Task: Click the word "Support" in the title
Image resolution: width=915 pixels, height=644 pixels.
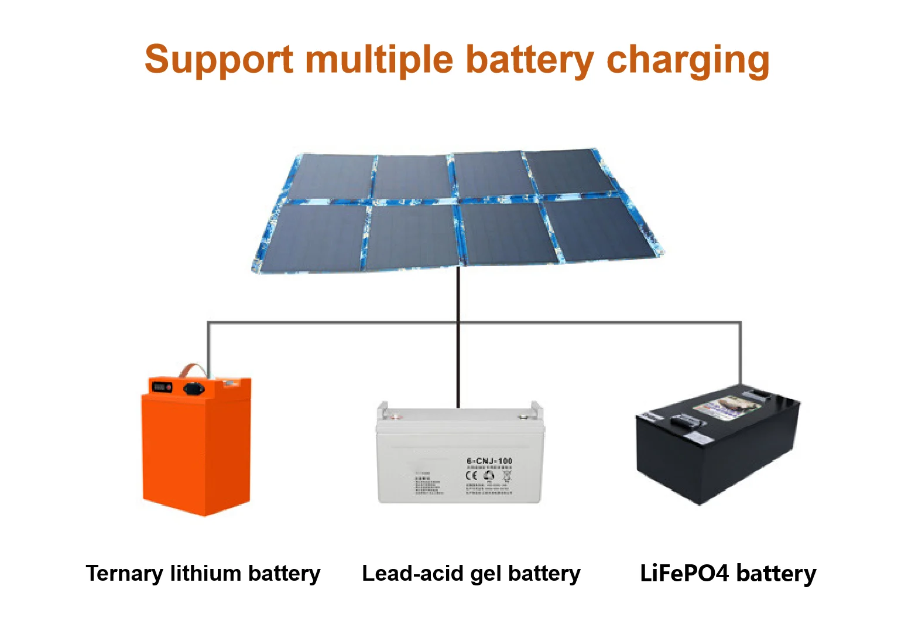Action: [218, 60]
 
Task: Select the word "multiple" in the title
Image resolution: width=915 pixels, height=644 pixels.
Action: [379, 60]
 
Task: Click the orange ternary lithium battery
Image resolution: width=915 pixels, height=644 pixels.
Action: [196, 448]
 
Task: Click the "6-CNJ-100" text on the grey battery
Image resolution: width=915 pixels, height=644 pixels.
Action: [489, 461]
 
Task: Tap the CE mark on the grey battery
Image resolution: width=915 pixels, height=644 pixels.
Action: [471, 475]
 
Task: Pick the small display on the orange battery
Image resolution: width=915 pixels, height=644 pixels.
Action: [162, 387]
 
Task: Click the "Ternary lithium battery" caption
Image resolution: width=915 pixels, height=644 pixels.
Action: [203, 573]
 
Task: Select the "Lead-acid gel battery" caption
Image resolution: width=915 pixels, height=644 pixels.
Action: [471, 573]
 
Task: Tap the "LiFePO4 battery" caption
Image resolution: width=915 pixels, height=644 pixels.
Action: [728, 573]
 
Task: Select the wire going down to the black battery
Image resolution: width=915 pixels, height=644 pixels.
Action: [741, 352]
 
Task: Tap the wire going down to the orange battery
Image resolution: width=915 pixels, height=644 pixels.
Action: [208, 346]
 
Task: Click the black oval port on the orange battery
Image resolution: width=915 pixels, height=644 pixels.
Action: [194, 388]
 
